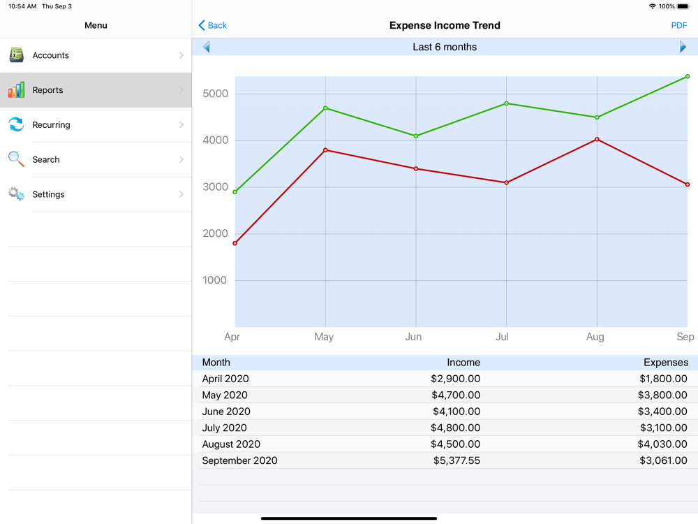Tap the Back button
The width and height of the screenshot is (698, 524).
213,25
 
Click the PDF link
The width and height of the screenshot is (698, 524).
678,25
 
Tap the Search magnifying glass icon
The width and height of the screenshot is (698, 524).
16,159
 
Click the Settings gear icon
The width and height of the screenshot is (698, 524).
16,194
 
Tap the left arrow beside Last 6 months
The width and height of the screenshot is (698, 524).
207,47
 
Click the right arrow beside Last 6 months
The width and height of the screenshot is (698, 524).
683,47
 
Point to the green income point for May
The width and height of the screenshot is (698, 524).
325,108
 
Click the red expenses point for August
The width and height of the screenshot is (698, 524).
597,140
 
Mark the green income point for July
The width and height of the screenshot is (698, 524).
507,103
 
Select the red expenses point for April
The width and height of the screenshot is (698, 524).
235,243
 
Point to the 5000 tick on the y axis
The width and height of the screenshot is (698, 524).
215,94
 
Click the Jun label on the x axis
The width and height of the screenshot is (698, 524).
413,337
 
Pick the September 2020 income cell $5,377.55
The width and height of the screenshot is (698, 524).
455,460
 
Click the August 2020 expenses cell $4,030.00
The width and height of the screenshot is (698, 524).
662,444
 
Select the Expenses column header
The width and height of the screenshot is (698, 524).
665,363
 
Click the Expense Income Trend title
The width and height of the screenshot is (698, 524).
445,25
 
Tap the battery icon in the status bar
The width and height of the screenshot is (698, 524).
683,6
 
